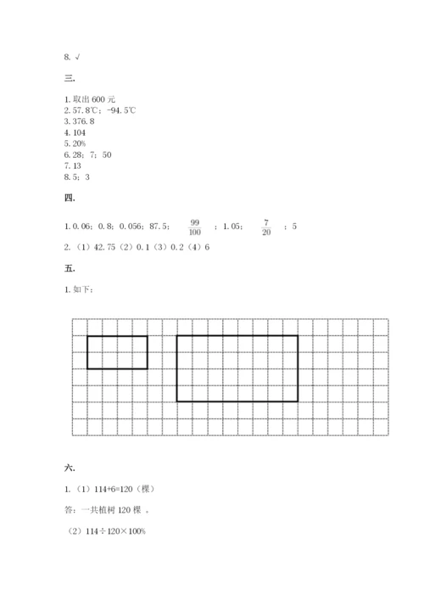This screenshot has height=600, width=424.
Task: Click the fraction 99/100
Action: coord(195,227)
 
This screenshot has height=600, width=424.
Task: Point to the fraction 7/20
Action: coord(265,227)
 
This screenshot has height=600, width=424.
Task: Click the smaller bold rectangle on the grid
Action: coord(117,352)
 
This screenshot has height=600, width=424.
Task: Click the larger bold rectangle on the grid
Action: coord(237,367)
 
